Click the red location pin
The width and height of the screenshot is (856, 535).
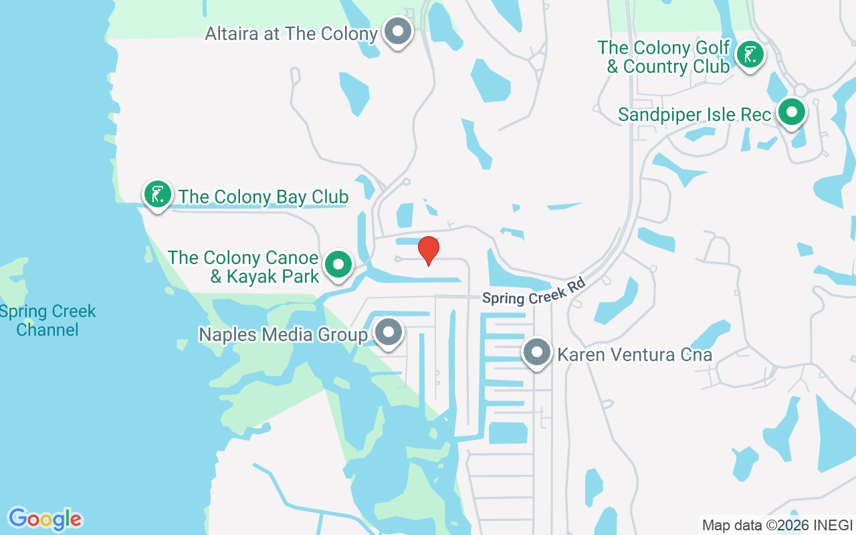tap(428, 250)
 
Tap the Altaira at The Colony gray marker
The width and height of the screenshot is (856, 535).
tap(398, 31)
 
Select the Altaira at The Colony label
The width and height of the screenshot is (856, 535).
tap(291, 33)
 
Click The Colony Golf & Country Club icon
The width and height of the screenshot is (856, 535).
tap(750, 55)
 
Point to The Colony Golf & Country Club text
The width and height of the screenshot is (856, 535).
tap(663, 57)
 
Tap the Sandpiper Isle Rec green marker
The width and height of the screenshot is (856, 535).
tap(792, 112)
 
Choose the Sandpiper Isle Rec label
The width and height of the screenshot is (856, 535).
tap(694, 114)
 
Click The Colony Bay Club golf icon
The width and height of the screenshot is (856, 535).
tap(157, 195)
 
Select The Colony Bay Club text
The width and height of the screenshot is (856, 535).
tap(263, 197)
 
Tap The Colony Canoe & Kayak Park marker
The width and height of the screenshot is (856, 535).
tap(338, 264)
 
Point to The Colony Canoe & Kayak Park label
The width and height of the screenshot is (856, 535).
tap(244, 267)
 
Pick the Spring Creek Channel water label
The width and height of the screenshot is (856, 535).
tap(47, 320)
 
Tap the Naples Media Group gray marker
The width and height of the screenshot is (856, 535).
tap(388, 332)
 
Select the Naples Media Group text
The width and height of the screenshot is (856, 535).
tap(283, 334)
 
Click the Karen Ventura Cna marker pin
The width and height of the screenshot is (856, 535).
tap(536, 352)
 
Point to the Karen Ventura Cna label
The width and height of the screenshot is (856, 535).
tap(635, 354)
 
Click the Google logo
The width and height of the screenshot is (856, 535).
tap(45, 519)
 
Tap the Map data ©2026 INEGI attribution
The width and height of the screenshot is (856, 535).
tap(777, 525)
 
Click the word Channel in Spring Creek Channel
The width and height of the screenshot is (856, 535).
tap(47, 330)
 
